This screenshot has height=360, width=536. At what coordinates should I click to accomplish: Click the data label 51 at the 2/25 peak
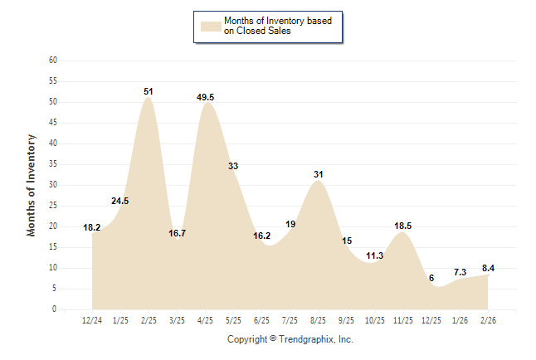[x=148, y=91]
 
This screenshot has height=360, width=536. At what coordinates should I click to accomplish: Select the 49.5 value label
[x=205, y=97]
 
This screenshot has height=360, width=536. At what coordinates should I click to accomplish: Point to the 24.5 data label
[x=120, y=201]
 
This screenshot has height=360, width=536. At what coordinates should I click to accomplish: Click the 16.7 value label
[x=177, y=233]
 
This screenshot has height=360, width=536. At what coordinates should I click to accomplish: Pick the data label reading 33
[x=233, y=166]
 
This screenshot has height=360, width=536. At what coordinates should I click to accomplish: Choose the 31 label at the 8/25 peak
[x=318, y=174]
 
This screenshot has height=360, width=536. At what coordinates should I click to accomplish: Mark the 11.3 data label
[x=374, y=255]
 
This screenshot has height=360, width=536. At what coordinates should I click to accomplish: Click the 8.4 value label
[x=487, y=268]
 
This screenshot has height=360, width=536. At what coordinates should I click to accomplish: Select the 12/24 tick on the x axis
[x=92, y=321]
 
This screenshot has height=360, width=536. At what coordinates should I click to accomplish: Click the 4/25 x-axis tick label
[x=205, y=321]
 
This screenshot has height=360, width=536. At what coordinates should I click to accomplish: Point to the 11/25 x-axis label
[x=402, y=321]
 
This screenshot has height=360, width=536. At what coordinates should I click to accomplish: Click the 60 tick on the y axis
[x=53, y=61]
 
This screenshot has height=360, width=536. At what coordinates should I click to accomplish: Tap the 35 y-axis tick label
[x=53, y=164]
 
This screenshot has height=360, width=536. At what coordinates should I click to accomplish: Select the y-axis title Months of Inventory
[x=32, y=185]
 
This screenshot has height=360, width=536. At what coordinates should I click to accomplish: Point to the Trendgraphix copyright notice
[x=290, y=339]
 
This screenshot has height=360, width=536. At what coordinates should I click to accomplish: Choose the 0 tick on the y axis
[x=55, y=309]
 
